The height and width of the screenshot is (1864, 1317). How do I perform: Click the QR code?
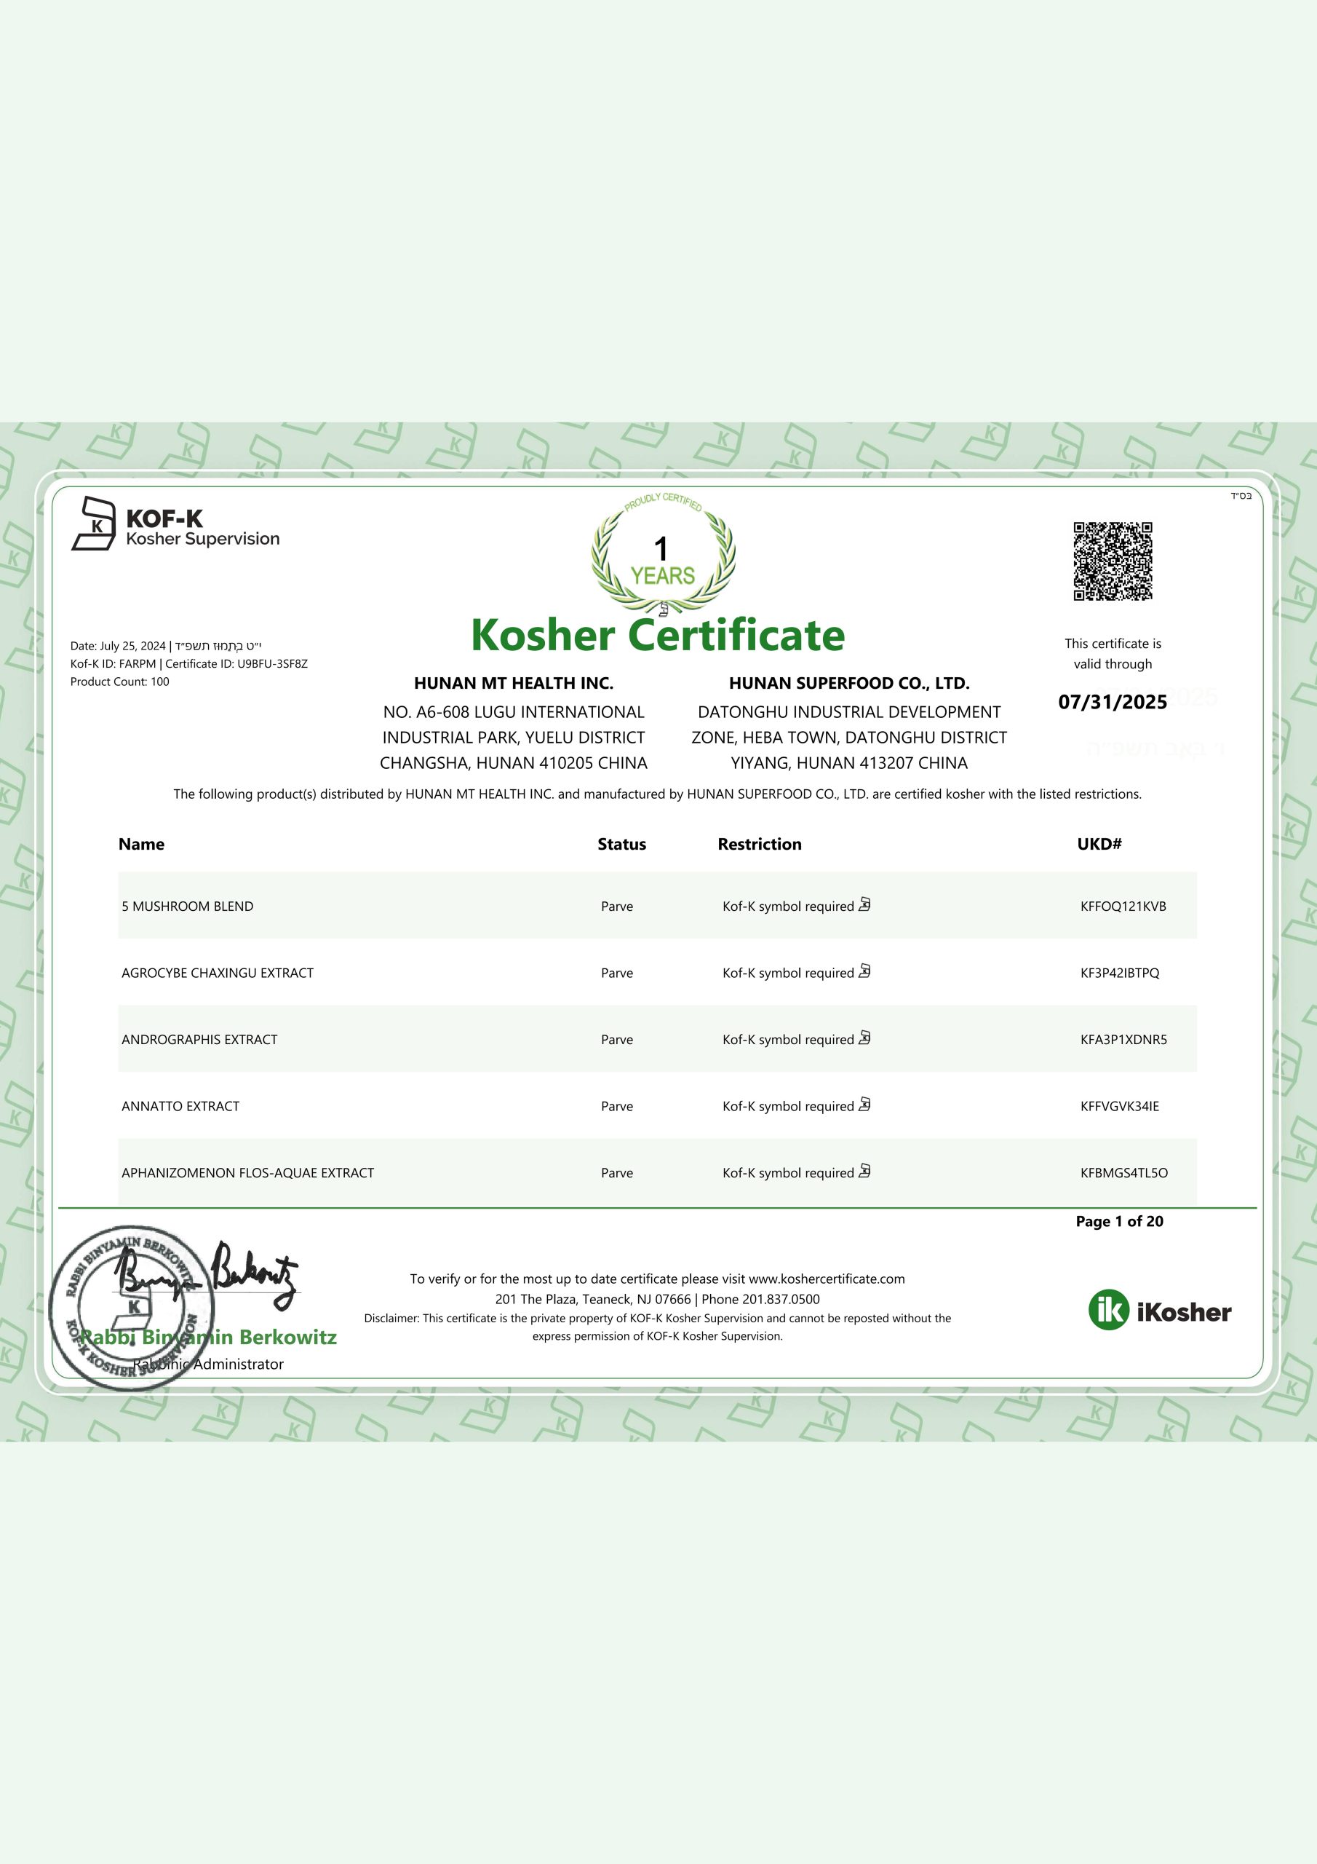(1113, 561)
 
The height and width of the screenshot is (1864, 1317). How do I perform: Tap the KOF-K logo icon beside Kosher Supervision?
(94, 524)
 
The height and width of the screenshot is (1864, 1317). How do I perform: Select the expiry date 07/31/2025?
(1112, 702)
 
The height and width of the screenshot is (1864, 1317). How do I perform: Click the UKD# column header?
(1099, 845)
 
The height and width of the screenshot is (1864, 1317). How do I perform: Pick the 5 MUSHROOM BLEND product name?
(188, 906)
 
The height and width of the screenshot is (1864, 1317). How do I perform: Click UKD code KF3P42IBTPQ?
(1120, 973)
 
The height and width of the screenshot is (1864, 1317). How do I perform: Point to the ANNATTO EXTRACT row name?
(180, 1106)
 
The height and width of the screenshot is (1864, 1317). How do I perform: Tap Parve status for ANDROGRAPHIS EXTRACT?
(617, 1039)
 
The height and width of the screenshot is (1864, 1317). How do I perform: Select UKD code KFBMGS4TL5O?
(1124, 1172)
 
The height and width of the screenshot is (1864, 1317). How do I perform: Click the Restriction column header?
(759, 845)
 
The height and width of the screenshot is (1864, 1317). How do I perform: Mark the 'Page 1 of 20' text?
(1119, 1221)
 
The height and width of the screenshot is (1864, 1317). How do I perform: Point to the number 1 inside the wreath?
(661, 549)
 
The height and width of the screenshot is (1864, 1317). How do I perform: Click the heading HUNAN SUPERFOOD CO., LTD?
(849, 684)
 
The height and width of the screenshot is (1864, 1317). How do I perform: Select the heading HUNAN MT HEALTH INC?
(514, 684)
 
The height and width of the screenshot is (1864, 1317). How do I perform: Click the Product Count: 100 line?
(120, 682)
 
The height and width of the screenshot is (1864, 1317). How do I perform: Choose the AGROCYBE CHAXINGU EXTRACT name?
(218, 973)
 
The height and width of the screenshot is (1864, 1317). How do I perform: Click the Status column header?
(621, 845)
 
